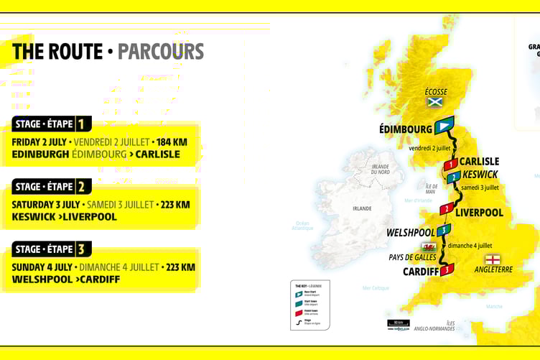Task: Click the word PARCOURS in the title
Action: coord(161,52)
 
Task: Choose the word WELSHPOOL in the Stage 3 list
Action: coord(41,279)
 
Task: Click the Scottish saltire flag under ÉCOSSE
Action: coord(434,102)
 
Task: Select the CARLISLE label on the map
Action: coord(479,162)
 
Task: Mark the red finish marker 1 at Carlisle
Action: coord(450,165)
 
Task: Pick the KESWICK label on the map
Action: coord(480,174)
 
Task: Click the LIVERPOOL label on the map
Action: coord(479,212)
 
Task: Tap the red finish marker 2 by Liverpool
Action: coord(446,209)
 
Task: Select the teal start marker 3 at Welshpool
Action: coord(444,230)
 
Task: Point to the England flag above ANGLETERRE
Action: coord(493,259)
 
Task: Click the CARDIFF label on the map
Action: coord(421,272)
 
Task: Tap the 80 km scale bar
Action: coord(398,324)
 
